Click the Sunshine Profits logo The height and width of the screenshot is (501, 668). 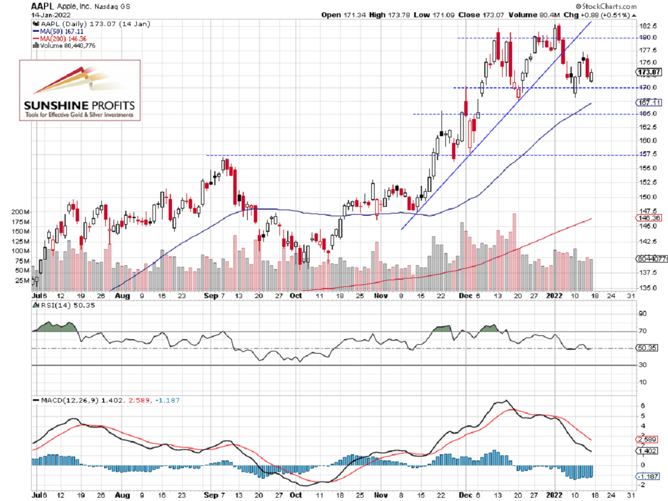click(x=80, y=90)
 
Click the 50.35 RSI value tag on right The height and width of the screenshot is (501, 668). click(x=647, y=348)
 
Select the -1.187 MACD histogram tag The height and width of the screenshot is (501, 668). click(x=647, y=477)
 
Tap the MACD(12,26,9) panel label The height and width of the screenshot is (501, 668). click(x=66, y=400)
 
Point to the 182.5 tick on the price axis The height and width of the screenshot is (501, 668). click(x=645, y=26)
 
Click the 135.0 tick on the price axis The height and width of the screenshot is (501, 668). click(x=645, y=288)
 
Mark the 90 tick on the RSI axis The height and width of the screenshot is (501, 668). click(x=641, y=314)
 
